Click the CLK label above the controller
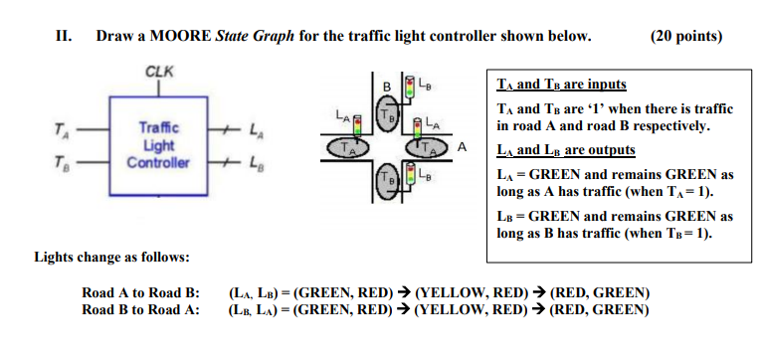[157, 73]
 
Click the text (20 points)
[685, 37]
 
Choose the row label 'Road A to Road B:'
[141, 292]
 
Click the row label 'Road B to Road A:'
[141, 308]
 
